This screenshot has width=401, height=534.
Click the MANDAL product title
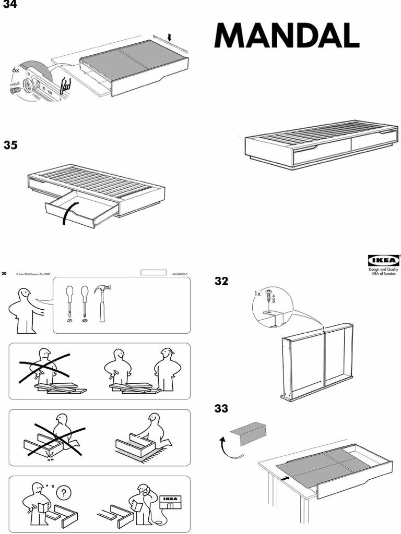[286, 37]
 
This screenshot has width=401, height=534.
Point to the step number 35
[11, 145]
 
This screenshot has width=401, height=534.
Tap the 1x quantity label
[257, 294]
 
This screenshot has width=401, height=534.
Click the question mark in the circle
[64, 493]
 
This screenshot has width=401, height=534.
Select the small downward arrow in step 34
[169, 37]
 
